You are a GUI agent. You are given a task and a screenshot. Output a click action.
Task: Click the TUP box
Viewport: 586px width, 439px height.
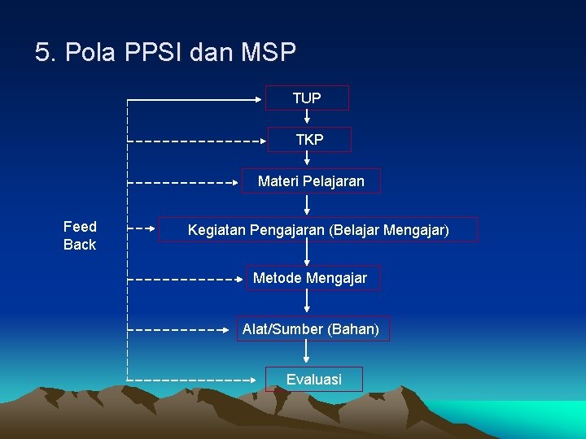click(307, 98)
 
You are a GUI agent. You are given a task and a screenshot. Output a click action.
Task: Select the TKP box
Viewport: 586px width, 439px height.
click(309, 140)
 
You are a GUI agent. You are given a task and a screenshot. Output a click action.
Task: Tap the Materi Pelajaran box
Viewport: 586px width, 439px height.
click(311, 180)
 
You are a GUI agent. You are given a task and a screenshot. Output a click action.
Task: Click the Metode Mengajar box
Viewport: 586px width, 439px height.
click(310, 278)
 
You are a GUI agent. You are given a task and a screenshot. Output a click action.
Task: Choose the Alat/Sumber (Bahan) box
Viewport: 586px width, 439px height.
click(310, 329)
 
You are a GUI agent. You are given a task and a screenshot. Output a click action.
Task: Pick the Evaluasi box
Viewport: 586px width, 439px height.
click(313, 379)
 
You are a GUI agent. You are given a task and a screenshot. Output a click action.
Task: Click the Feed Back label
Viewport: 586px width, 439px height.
click(80, 236)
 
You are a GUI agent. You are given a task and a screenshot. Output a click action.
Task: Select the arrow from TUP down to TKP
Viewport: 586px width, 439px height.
click(308, 119)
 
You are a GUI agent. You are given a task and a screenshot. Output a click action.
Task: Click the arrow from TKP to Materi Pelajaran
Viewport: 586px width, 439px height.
click(308, 160)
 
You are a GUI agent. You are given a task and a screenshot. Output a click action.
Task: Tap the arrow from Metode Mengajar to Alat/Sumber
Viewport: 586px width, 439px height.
click(308, 302)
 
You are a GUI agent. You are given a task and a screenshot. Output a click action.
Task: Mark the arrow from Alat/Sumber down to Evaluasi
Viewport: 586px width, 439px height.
click(308, 353)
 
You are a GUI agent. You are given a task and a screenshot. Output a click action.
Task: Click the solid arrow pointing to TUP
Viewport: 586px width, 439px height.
click(195, 99)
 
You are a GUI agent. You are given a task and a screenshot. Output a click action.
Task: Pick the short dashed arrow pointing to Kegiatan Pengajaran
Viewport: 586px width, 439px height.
click(143, 229)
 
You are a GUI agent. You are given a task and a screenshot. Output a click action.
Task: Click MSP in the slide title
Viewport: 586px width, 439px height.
click(269, 54)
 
